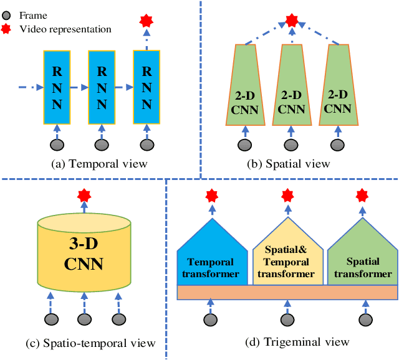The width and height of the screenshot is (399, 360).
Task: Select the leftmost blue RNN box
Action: click(x=57, y=88)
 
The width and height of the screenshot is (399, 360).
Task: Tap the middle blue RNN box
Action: click(x=102, y=88)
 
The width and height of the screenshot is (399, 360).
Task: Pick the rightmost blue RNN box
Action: click(x=147, y=88)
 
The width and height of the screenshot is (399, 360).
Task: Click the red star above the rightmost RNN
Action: click(x=147, y=21)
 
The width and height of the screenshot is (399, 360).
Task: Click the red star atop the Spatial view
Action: click(x=291, y=21)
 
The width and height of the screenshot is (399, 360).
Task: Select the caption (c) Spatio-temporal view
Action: click(x=84, y=342)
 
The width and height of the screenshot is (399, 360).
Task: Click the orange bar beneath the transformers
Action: click(x=287, y=292)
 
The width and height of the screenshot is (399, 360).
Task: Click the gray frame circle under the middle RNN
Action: click(x=102, y=144)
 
